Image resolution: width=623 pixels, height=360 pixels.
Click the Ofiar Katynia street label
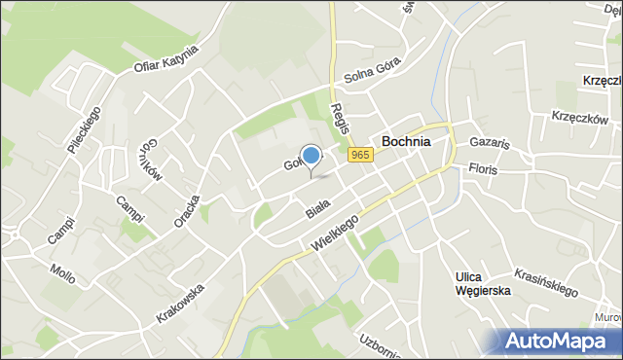165,60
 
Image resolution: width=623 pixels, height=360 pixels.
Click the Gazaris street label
489,142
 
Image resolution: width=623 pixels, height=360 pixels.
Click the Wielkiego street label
336,234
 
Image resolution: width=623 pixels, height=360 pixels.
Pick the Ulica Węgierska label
482,285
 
